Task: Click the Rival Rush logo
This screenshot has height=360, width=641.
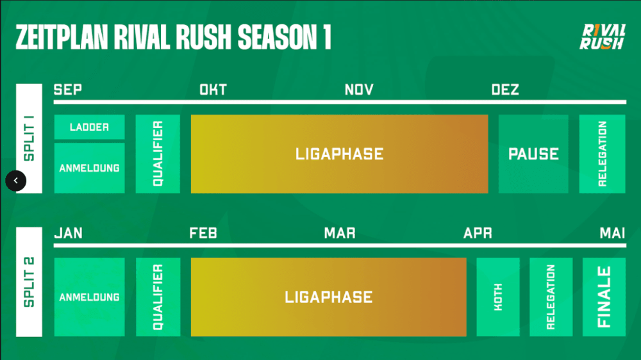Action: pyautogui.click(x=602, y=37)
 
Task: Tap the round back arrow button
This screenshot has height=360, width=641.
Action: pyautogui.click(x=16, y=181)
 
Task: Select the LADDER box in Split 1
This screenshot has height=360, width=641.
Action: pyautogui.click(x=90, y=127)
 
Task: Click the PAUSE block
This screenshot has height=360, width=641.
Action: pyautogui.click(x=533, y=154)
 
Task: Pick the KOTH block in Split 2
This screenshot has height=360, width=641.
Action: pyautogui.click(x=498, y=297)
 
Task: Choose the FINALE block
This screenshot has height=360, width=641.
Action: pyautogui.click(x=604, y=297)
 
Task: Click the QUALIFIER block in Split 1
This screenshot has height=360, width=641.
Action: pyautogui.click(x=158, y=154)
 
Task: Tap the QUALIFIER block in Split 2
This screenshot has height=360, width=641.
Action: pyautogui.click(x=158, y=297)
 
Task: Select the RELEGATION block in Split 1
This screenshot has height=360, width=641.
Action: pyautogui.click(x=602, y=154)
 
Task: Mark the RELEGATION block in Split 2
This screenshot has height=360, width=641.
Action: pyautogui.click(x=551, y=297)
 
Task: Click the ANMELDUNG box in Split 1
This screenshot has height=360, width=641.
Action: pyautogui.click(x=90, y=168)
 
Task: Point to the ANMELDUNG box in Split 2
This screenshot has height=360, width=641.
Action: pyautogui.click(x=90, y=297)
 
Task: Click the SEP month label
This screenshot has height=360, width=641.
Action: pyautogui.click(x=68, y=90)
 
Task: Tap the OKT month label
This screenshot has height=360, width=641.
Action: pyautogui.click(x=213, y=90)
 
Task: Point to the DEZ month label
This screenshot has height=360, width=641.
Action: pyautogui.click(x=505, y=90)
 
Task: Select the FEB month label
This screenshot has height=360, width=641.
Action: pyautogui.click(x=203, y=233)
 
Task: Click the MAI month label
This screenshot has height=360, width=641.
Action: pyautogui.click(x=612, y=233)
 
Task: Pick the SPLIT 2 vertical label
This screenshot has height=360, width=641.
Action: pyautogui.click(x=29, y=282)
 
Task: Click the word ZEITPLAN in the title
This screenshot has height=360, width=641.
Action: pyautogui.click(x=62, y=37)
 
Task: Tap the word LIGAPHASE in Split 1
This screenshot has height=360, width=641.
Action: pyautogui.click(x=339, y=154)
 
